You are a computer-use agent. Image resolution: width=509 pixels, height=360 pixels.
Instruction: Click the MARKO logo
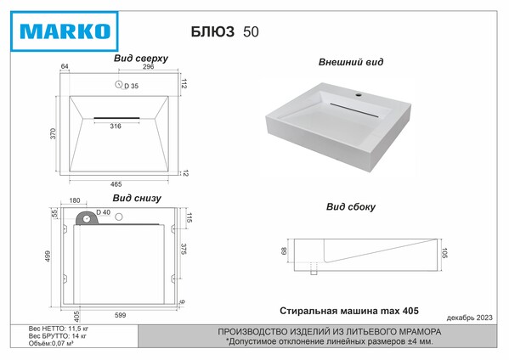tap(65, 31)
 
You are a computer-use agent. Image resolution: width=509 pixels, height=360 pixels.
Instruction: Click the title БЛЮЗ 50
tap(224, 31)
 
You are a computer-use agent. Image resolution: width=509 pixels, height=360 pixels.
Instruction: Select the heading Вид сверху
tap(141, 59)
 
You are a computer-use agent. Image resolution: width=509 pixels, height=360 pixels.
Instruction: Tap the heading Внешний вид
tap(351, 62)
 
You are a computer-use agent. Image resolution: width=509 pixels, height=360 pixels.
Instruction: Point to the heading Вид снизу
tap(137, 198)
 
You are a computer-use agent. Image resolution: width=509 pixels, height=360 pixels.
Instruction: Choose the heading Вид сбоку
tap(351, 207)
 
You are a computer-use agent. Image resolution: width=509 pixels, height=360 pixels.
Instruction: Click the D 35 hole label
tap(131, 86)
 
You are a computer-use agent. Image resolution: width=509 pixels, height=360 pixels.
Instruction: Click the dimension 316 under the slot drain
tap(116, 127)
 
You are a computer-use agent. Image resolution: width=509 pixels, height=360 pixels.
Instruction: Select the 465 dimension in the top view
tap(116, 184)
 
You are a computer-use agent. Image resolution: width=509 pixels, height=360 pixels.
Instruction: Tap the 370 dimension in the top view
tap(53, 134)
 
